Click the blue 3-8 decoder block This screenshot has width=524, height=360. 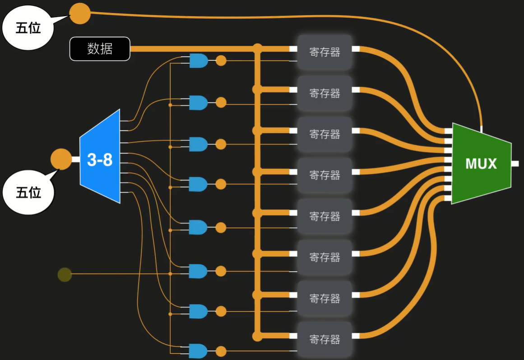100,157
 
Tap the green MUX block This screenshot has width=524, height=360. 481,164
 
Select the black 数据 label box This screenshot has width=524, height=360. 100,49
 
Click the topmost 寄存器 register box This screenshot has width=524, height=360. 324,52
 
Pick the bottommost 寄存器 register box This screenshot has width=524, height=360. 324,339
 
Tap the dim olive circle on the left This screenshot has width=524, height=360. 65,274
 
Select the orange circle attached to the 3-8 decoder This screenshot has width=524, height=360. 60,159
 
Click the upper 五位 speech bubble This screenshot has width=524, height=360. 28,28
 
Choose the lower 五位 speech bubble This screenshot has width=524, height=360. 28,193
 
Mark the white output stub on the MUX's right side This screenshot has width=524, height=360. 515,163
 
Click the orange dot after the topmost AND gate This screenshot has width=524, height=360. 221,60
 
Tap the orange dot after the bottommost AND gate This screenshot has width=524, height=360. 221,351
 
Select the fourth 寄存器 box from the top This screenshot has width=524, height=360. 324,175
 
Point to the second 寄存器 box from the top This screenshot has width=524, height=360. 324,93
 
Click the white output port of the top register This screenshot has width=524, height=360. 356,49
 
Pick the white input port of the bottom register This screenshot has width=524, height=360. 293,336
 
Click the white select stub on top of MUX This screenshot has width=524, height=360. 482,129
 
